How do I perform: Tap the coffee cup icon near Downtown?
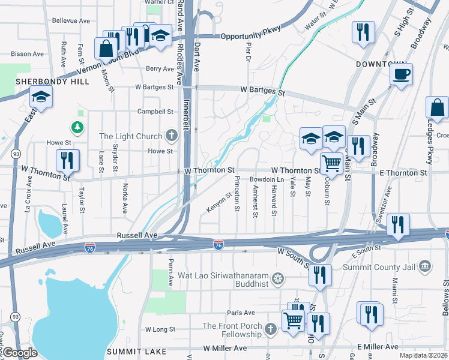click(401, 75)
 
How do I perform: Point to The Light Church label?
click(131, 136)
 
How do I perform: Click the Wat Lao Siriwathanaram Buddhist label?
click(224, 278)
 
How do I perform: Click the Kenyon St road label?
click(219, 202)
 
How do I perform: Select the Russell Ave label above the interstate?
click(137, 235)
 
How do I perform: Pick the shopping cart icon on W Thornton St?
click(331, 163)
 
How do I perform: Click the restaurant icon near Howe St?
click(66, 160)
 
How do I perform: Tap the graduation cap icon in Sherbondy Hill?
click(41, 96)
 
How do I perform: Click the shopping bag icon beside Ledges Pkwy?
click(437, 108)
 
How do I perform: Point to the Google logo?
click(20, 353)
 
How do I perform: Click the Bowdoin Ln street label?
click(267, 179)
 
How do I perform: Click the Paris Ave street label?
click(241, 313)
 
